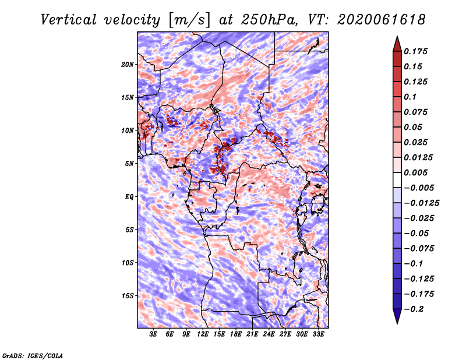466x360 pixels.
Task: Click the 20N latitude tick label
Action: pyautogui.click(x=128, y=65)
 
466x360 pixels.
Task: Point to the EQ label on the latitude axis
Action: pyautogui.click(x=129, y=197)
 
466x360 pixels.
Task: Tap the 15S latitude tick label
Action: pyautogui.click(x=128, y=296)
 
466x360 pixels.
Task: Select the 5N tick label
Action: pyautogui.click(x=129, y=164)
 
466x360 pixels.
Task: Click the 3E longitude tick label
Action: pyautogui.click(x=153, y=334)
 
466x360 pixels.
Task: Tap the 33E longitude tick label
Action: pyautogui.click(x=318, y=334)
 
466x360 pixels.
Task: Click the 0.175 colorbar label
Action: pyautogui.click(x=415, y=51)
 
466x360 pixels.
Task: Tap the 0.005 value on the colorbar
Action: pyautogui.click(x=415, y=172)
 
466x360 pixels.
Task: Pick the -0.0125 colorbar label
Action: pyautogui.click(x=421, y=203)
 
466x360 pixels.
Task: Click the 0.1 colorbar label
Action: pyautogui.click(x=410, y=97)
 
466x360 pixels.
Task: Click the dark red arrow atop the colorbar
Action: pyautogui.click(x=397, y=44)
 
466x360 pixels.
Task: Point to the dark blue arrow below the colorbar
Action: pyautogui.click(x=397, y=316)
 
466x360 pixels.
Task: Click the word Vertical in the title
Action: pyautogui.click(x=68, y=20)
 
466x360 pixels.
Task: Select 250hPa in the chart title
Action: pyautogui.click(x=269, y=20)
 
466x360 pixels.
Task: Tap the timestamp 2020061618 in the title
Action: pyautogui.click(x=382, y=20)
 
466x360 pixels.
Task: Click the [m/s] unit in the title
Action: pyautogui.click(x=189, y=20)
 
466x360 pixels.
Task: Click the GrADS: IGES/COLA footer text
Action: pyautogui.click(x=33, y=355)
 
